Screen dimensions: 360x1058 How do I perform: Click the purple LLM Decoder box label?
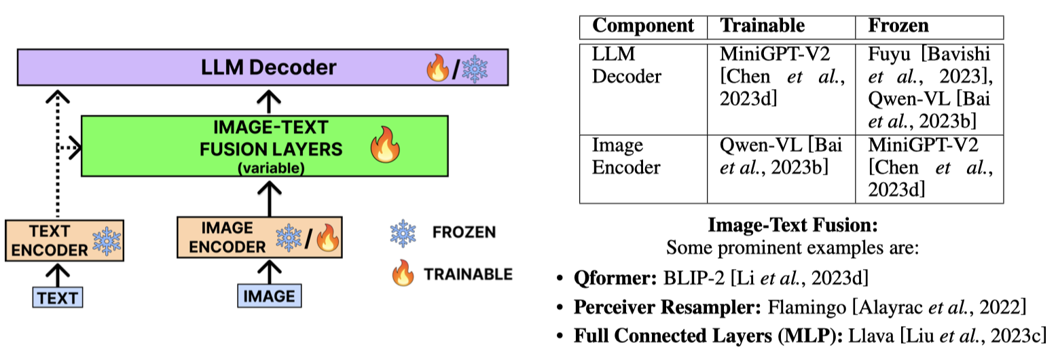coord(268,67)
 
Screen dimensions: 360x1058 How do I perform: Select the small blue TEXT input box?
coord(58,297)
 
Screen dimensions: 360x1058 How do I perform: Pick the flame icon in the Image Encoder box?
coord(327,239)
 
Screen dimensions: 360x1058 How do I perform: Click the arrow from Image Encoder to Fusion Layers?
coord(270,197)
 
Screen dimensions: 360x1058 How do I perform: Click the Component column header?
coord(643,26)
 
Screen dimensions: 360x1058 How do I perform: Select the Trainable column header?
coord(762,26)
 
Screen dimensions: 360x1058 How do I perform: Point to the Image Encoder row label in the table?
coord(617,157)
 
